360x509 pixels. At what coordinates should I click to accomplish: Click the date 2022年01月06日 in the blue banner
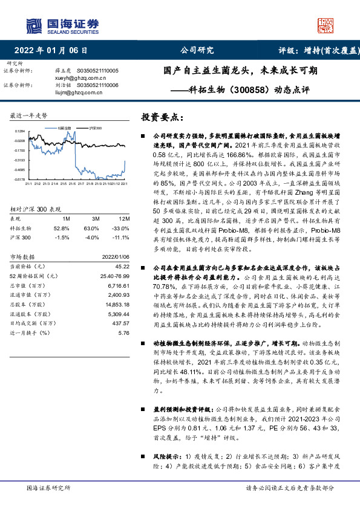click(x=54, y=51)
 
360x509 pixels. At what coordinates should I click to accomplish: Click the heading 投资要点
click(x=163, y=117)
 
